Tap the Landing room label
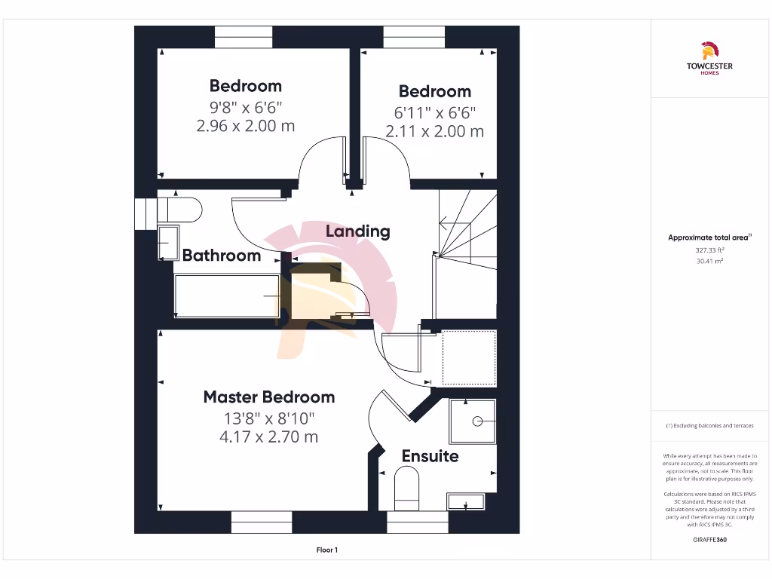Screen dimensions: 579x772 pyautogui.click(x=358, y=231)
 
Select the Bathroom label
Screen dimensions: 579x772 pyautogui.click(x=222, y=256)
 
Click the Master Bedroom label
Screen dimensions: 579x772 pyautogui.click(x=269, y=397)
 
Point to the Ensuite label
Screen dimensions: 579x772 pyautogui.click(x=430, y=456)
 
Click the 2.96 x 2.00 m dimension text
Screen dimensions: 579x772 pyautogui.click(x=246, y=126)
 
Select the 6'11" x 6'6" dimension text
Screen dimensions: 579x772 pyautogui.click(x=435, y=112)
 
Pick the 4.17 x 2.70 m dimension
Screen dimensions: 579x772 pyautogui.click(x=269, y=437)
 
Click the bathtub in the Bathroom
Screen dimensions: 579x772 pyautogui.click(x=226, y=296)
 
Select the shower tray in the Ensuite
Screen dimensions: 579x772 pyautogui.click(x=473, y=421)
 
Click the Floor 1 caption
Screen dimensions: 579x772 pyautogui.click(x=327, y=550)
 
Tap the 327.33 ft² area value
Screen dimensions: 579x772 pyautogui.click(x=709, y=250)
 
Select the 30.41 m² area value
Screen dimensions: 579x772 pyautogui.click(x=709, y=261)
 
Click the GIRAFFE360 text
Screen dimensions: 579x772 pyautogui.click(x=709, y=540)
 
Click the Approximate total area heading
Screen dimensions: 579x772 pyautogui.click(x=709, y=237)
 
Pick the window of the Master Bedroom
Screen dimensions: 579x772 pyautogui.click(x=261, y=522)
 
